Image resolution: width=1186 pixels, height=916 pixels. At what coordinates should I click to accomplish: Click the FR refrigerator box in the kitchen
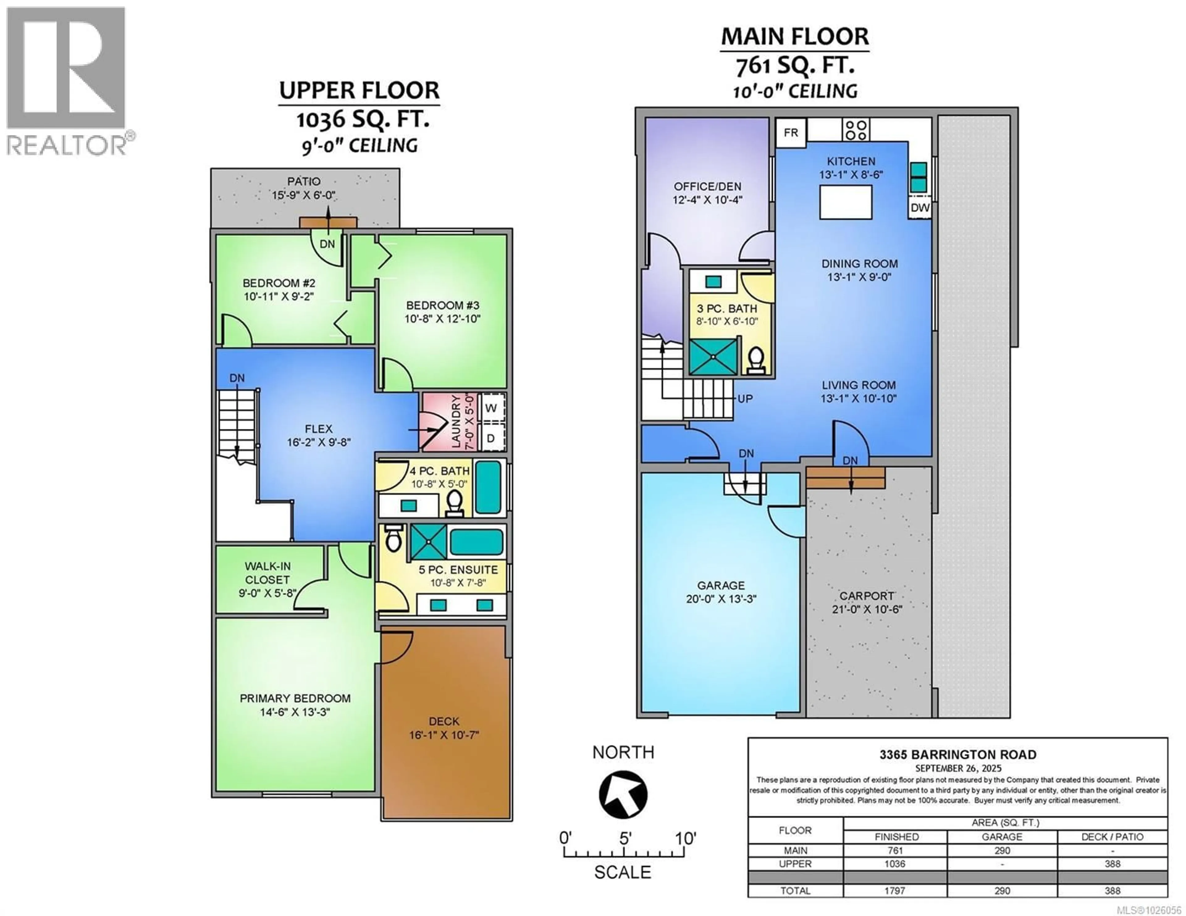tap(791, 132)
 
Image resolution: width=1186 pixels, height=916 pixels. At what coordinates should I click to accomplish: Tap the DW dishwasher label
tap(920, 207)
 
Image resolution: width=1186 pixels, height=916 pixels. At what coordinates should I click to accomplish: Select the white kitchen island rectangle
tap(846, 202)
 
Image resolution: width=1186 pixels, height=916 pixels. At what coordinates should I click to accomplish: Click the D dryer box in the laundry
tap(491, 438)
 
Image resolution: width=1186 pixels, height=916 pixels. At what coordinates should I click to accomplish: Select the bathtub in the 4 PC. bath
tap(488, 487)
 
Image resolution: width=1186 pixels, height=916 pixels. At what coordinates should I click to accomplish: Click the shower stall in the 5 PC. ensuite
tap(428, 541)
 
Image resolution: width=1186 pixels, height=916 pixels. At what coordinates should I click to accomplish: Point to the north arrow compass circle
tap(623, 794)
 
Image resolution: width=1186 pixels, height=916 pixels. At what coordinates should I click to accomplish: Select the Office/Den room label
tap(707, 186)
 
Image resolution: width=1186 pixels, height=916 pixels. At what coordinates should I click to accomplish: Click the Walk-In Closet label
tap(267, 573)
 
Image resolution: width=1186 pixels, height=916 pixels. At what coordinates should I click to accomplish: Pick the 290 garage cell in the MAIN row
tap(1002, 850)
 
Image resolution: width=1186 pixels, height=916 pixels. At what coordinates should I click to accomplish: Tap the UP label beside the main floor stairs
tap(745, 399)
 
